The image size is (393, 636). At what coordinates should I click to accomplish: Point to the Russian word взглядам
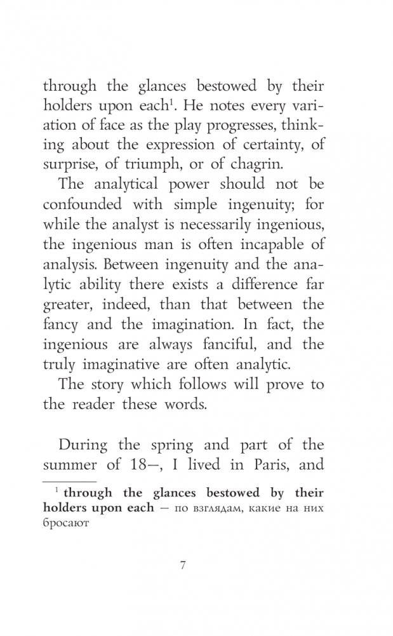pyautogui.click(x=226, y=510)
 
